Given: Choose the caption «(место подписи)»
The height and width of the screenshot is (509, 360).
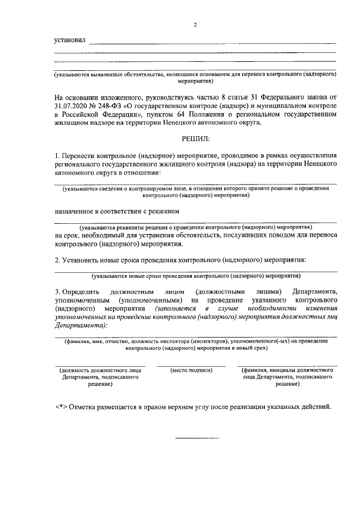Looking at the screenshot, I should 191,371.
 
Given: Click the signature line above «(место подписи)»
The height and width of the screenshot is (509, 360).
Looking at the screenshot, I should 191,366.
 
